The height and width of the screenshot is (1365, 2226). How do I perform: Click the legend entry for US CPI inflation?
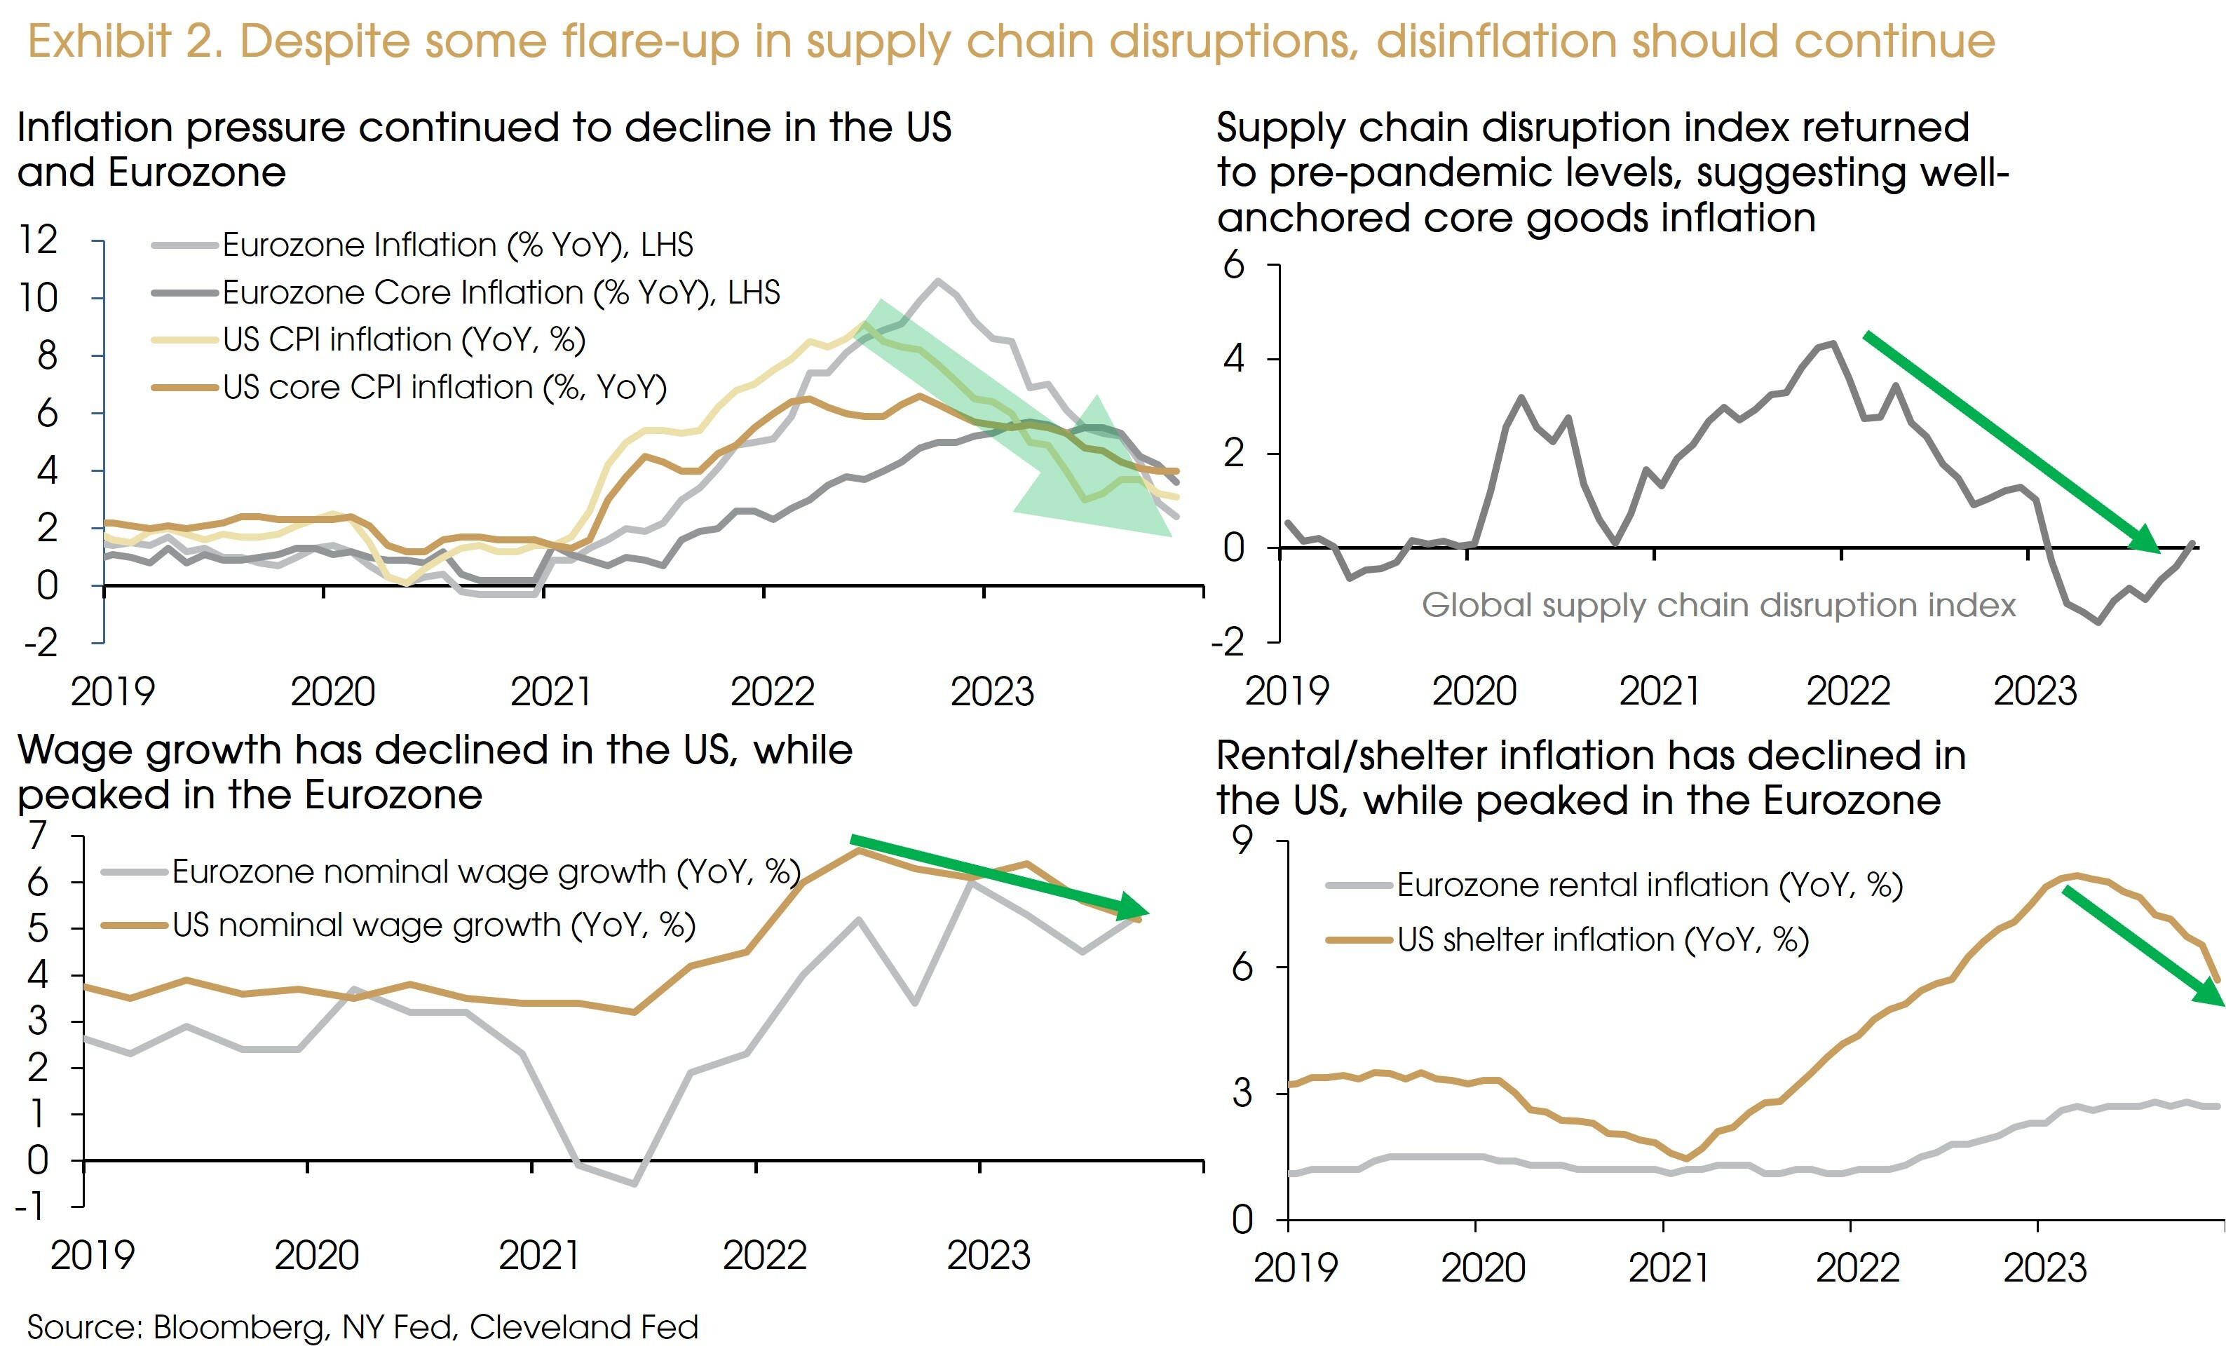404,339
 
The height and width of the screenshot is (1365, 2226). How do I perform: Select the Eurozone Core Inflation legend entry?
501,292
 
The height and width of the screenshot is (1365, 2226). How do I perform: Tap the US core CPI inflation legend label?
444,388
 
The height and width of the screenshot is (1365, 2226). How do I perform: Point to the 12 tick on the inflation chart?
38,240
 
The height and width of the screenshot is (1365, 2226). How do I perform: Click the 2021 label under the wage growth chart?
538,1256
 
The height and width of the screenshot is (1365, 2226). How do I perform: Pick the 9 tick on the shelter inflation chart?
1243,842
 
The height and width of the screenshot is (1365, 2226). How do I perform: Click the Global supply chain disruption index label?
1718,605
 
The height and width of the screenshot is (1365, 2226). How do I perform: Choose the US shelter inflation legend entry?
1603,940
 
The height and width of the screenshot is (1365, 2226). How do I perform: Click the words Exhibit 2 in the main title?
125,41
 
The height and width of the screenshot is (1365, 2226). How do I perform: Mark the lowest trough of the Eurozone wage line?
634,1183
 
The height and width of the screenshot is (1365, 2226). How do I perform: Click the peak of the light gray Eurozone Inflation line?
938,281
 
